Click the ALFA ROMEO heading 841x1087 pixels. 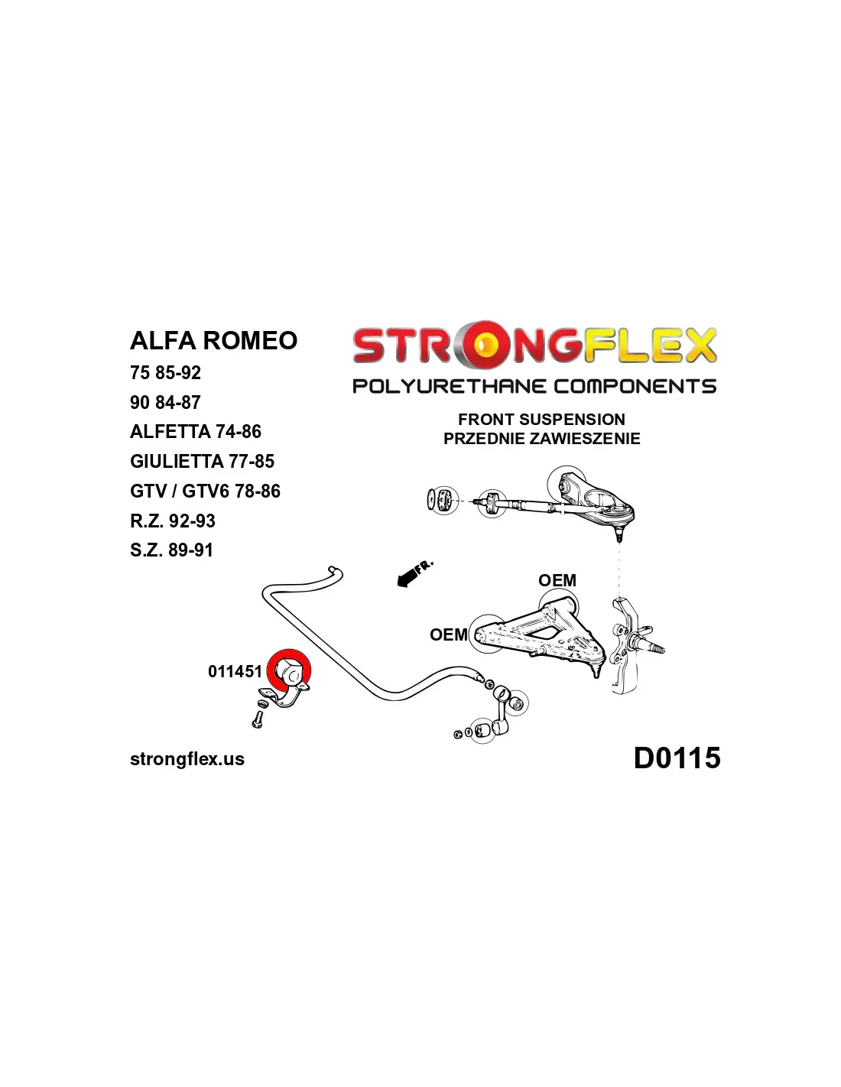click(213, 341)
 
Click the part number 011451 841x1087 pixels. click(235, 672)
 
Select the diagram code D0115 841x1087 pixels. click(677, 758)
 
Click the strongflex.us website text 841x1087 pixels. click(187, 759)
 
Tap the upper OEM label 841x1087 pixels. click(557, 580)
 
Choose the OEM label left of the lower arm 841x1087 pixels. click(448, 634)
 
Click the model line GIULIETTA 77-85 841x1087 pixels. click(202, 462)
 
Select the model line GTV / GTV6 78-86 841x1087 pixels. click(205, 492)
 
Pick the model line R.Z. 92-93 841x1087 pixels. click(173, 521)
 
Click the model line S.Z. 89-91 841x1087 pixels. click(171, 550)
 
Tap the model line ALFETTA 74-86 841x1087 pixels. click(196, 432)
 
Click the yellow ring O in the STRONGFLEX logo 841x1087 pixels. click(485, 346)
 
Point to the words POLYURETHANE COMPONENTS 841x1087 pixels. click(534, 386)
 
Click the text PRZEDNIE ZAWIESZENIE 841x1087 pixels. click(541, 439)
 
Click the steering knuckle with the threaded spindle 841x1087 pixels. click(631, 646)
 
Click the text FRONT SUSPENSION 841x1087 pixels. click(541, 419)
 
